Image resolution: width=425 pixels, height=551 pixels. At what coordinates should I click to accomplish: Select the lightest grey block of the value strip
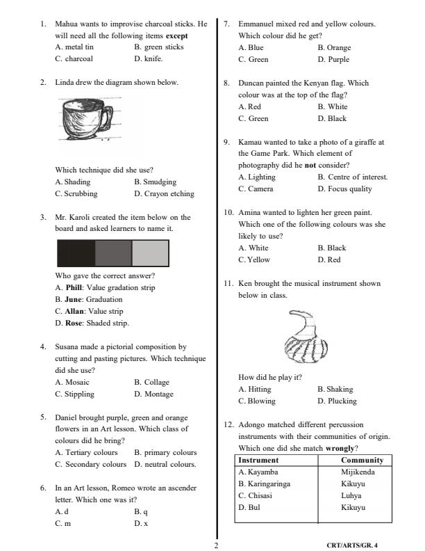[x=150, y=253]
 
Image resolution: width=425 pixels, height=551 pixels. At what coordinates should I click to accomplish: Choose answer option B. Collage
[x=151, y=382]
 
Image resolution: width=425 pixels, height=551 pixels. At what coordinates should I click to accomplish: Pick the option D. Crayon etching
[x=164, y=193]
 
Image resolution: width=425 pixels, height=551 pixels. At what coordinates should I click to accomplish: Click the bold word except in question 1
[x=177, y=35]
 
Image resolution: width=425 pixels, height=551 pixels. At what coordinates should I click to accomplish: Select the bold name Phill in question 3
[x=74, y=287]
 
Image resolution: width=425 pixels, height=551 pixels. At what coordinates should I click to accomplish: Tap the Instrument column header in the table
[x=258, y=460]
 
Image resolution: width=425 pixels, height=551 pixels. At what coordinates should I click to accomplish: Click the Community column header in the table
[x=362, y=460]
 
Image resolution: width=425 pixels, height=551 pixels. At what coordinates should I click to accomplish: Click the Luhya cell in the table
[x=352, y=495]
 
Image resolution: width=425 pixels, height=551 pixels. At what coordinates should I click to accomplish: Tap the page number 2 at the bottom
[x=216, y=545]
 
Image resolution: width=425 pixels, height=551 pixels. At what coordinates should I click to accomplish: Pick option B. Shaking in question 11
[x=335, y=389]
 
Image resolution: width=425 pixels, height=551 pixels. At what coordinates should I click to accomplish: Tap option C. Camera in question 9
[x=256, y=189]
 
